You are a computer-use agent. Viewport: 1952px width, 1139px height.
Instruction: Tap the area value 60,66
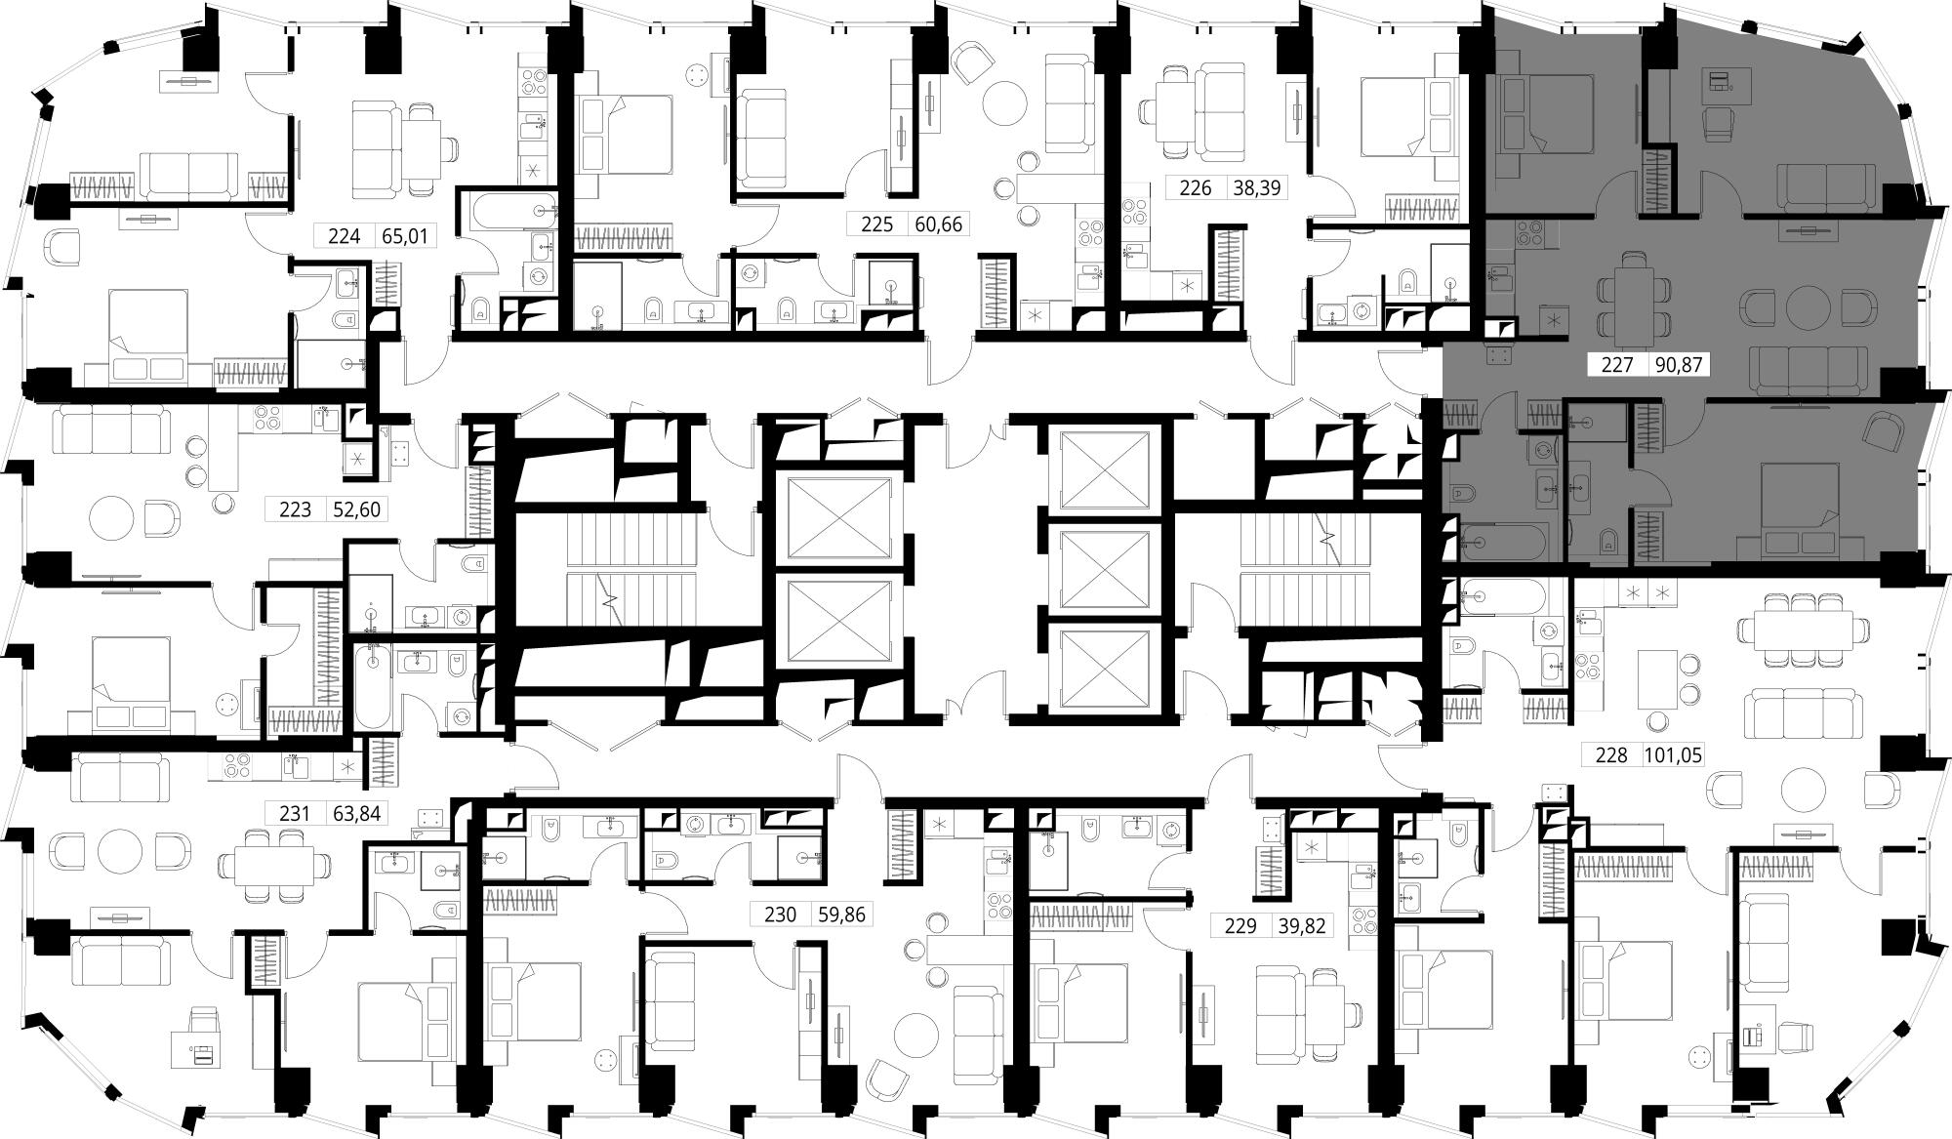click(938, 224)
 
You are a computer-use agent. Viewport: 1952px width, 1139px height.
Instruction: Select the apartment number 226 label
click(1196, 187)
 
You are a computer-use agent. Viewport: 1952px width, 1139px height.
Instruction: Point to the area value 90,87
click(1678, 365)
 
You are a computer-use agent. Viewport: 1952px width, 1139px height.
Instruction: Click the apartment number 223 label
click(296, 508)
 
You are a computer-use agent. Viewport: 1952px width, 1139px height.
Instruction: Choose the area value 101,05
click(1673, 755)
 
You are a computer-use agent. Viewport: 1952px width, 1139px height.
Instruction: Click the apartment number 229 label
click(1240, 925)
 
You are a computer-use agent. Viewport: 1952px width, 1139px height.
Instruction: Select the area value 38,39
click(1256, 187)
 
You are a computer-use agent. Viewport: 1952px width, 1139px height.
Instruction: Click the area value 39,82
click(1301, 925)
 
